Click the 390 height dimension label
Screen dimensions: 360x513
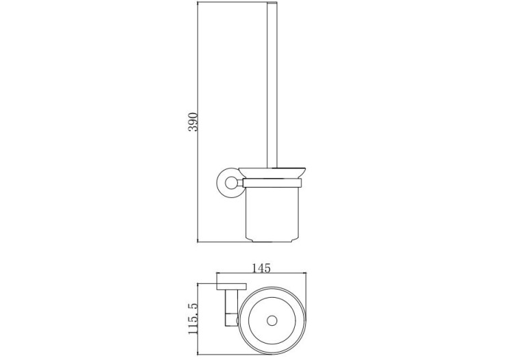192,122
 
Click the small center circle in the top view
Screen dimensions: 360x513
272,320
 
